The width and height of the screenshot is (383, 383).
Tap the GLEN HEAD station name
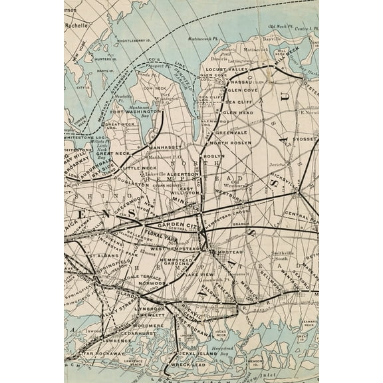coord(237,113)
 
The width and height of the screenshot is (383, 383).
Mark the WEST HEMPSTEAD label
coord(176,248)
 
